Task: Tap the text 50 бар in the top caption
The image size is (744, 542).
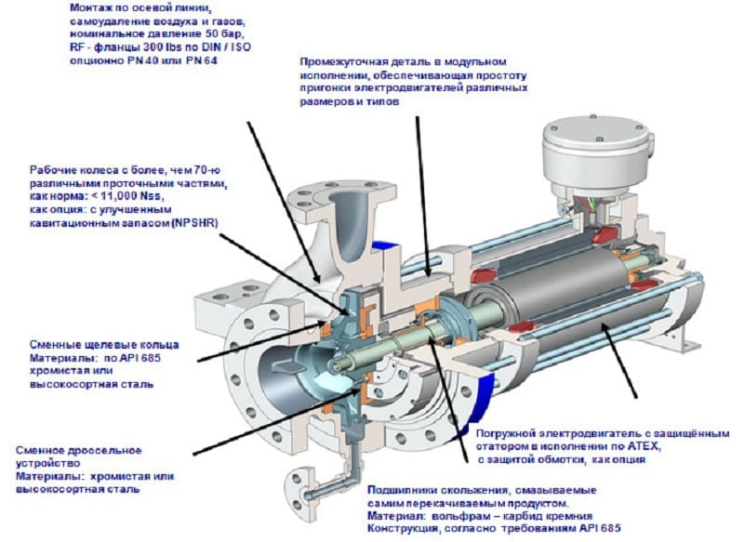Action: (226, 34)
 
